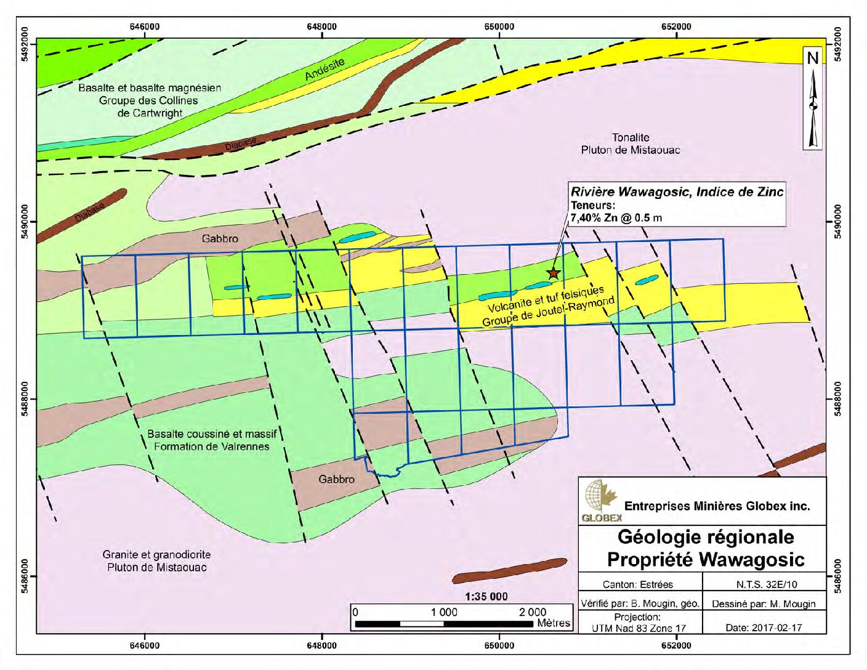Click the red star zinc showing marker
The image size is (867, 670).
point(553,272)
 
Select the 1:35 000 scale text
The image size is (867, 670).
point(486,597)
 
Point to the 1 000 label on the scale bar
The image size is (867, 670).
point(444,612)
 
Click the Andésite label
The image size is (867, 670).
point(325,69)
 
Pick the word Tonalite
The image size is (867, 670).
point(631,137)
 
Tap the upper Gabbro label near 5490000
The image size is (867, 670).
point(220,238)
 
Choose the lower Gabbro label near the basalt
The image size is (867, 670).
point(336,478)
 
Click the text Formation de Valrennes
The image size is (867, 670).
point(212,446)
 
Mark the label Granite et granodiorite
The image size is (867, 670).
point(156,554)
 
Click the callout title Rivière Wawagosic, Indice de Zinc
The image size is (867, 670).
point(677,192)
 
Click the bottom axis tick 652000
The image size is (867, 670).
point(676,645)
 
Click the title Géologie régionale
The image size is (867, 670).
point(705,537)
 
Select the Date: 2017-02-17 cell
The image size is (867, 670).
point(764,628)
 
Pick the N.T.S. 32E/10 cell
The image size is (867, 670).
point(764,584)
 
